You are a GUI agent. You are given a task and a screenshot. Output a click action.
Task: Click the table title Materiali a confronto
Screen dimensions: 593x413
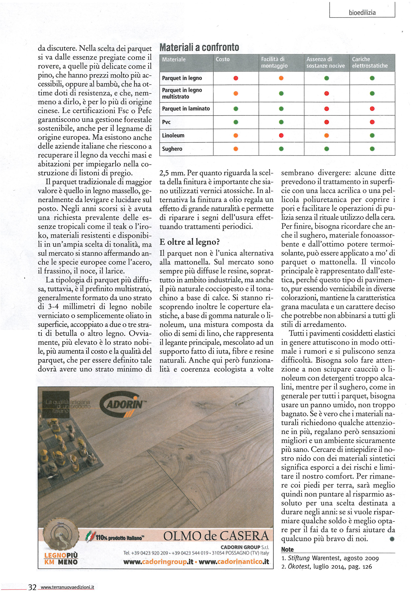pyautogui.click(x=199, y=47)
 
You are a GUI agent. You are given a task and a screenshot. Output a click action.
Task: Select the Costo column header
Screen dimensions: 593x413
pyautogui.click(x=223, y=60)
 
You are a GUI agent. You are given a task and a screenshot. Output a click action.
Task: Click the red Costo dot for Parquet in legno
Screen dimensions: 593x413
pyautogui.click(x=236, y=78)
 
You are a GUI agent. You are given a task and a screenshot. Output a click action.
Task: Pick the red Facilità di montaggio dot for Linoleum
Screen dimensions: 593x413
pyautogui.click(x=281, y=135)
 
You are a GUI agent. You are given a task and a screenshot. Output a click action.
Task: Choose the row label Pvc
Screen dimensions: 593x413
pyautogui.click(x=166, y=122)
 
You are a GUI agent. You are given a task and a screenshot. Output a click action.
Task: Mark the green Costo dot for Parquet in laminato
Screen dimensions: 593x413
pyautogui.click(x=236, y=109)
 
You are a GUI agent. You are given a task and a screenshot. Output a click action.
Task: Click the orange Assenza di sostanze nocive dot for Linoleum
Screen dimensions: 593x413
pyautogui.click(x=326, y=135)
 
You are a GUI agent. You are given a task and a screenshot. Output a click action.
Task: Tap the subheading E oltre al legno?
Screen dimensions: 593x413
pyautogui.click(x=190, y=242)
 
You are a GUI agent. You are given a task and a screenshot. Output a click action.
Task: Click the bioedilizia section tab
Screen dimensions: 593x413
pyautogui.click(x=362, y=12)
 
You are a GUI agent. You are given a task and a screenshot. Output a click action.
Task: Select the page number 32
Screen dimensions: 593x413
pyautogui.click(x=32, y=587)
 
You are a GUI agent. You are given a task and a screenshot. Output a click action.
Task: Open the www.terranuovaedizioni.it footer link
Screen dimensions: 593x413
pyautogui.click(x=66, y=587)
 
